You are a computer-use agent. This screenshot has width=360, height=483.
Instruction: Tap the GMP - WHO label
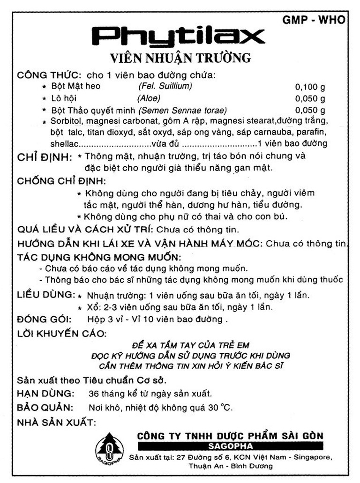point(314,20)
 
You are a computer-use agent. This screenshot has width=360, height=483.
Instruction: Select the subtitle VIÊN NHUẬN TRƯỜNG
point(180,58)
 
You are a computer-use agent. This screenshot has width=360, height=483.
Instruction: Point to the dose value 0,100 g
point(310,87)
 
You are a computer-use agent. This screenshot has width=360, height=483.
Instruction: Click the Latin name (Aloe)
point(149,98)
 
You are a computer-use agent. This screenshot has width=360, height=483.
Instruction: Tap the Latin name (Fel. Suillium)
point(165,86)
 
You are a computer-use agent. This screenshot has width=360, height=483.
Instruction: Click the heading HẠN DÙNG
point(45,393)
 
